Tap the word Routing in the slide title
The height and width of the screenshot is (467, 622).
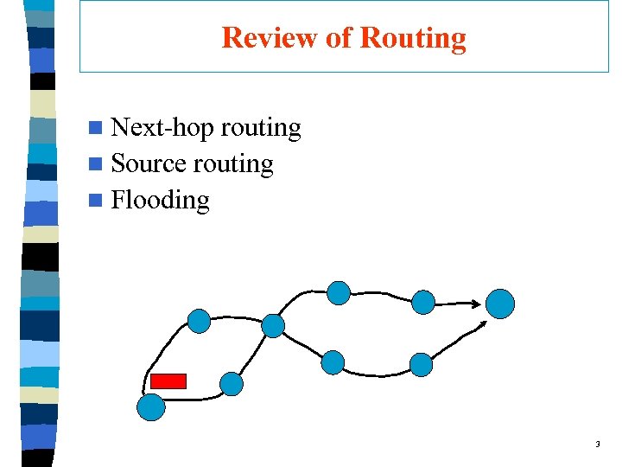tap(412, 38)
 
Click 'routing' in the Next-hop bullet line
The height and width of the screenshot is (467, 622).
tap(261, 128)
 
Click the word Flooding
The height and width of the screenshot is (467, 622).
tap(161, 200)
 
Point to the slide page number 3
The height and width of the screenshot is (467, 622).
tap(597, 445)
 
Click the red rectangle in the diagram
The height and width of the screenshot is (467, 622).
tap(168, 381)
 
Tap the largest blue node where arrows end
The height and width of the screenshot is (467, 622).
tap(499, 304)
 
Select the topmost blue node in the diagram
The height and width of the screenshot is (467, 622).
tap(339, 293)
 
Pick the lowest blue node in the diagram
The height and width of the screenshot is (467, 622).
tap(151, 406)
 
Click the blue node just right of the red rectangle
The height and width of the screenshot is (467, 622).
tap(232, 383)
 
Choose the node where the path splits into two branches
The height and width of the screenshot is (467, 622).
tap(273, 325)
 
